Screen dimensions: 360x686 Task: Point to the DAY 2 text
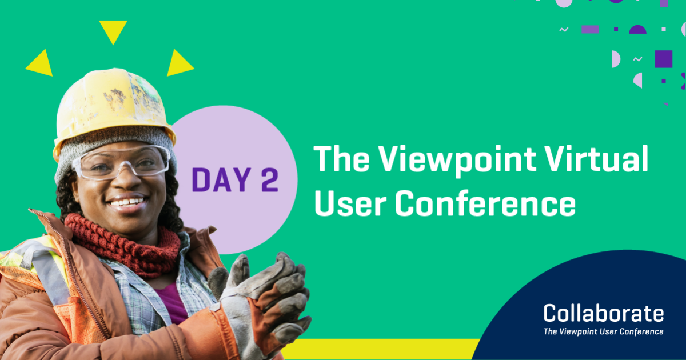click(235, 179)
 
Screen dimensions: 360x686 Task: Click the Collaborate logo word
click(603, 313)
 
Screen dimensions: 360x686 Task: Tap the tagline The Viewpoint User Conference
click(603, 331)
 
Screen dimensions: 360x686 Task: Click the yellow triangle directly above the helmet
click(113, 31)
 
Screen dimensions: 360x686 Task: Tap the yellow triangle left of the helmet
click(39, 63)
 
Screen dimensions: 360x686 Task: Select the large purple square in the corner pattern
click(663, 59)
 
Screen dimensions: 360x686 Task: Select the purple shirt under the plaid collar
click(171, 303)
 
